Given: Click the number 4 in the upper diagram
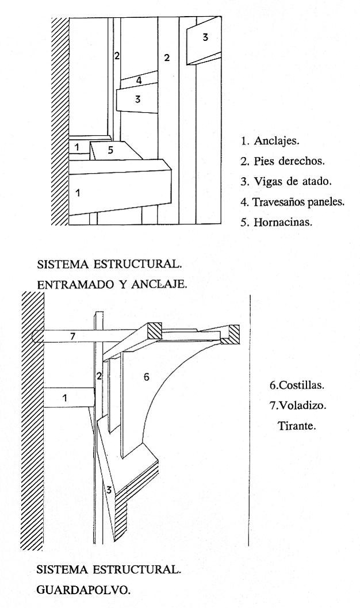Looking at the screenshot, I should [139, 81].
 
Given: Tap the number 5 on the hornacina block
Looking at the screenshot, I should [111, 150].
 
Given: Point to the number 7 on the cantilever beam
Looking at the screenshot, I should [73, 335].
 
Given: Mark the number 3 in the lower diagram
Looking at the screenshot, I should [108, 490].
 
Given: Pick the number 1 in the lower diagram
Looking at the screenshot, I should [65, 397].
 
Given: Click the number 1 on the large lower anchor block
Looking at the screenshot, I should [78, 193].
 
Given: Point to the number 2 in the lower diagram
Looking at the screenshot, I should [99, 376].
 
